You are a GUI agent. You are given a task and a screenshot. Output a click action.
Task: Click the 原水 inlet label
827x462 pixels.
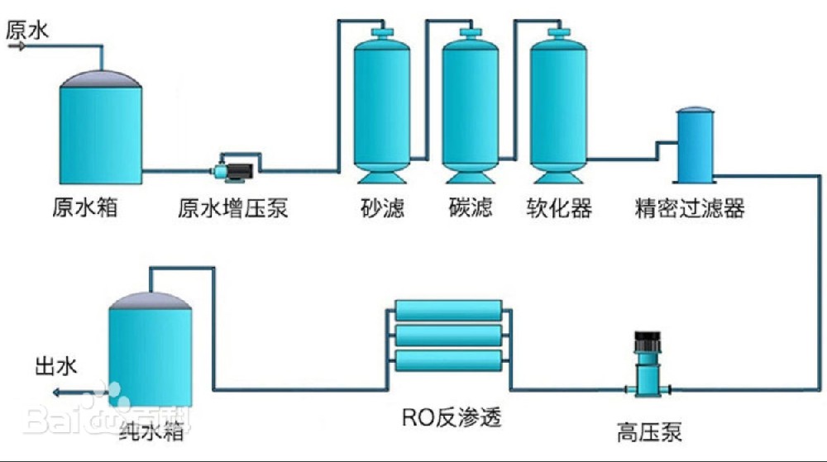coord(27,31)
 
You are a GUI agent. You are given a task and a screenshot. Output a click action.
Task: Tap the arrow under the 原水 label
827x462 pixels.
coord(17,46)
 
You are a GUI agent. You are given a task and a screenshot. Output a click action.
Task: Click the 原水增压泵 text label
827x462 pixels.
coord(233,207)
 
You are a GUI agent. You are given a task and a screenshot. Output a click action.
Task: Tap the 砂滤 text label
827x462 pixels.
coord(382,207)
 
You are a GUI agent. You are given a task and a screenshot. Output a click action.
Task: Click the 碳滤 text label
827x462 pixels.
coord(470,207)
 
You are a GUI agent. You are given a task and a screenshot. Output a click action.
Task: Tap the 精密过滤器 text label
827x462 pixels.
coord(690,207)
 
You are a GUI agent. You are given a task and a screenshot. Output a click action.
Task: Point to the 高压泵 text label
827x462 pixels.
coord(649,431)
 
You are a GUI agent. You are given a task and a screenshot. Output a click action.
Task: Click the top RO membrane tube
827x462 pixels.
coord(447,310)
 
